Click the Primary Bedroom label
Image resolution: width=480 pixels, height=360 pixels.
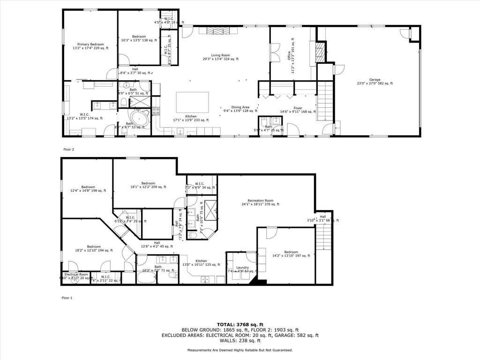[90, 45]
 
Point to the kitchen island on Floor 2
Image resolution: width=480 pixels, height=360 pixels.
[193, 102]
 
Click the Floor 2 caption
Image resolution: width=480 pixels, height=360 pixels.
[68, 150]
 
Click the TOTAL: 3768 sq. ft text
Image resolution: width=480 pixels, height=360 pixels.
[240, 324]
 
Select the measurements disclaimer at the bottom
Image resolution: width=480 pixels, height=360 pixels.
[240, 350]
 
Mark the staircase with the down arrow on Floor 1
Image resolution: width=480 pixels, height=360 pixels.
[323, 237]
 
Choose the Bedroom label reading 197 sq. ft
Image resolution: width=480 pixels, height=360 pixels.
[291, 254]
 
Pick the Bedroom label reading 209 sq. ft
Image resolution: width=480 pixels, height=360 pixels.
[148, 185]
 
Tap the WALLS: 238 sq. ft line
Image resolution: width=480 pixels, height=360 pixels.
[240, 341]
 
